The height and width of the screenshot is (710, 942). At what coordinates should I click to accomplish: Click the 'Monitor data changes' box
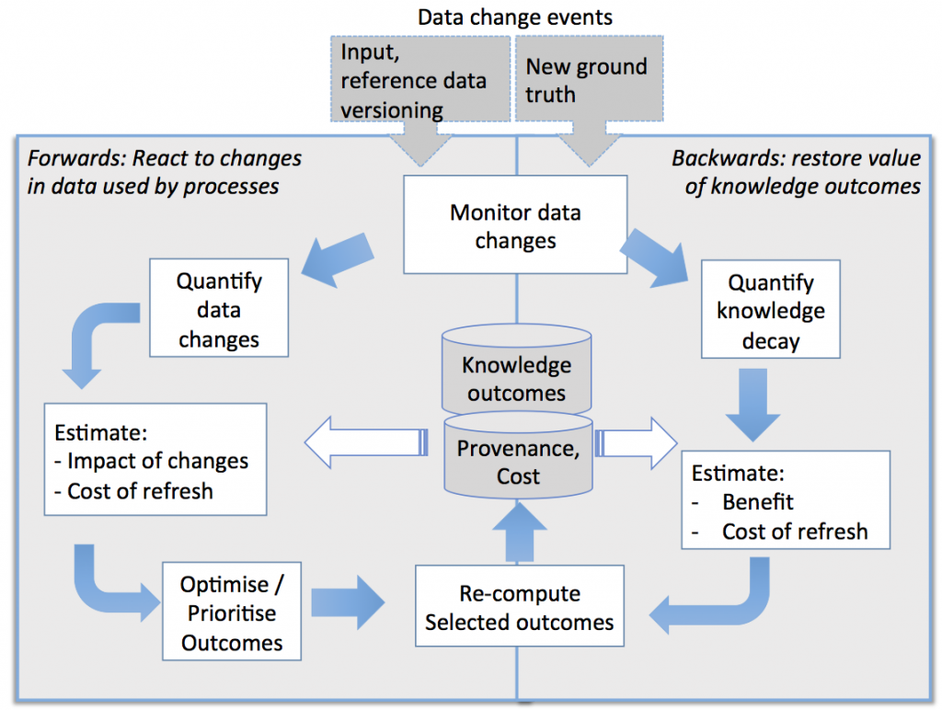pos(515,226)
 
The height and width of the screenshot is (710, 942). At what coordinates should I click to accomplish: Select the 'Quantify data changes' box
pos(219,310)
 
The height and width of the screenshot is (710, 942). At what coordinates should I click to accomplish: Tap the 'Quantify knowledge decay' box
pos(771,312)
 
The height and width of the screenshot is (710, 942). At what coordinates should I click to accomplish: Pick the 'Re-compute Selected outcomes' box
pos(519,607)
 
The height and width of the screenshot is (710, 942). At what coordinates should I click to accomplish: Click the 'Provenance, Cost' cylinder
pos(515,460)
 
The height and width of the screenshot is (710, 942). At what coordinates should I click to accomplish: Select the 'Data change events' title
pos(514,17)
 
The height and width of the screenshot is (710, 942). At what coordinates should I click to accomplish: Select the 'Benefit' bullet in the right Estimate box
pos(757,502)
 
